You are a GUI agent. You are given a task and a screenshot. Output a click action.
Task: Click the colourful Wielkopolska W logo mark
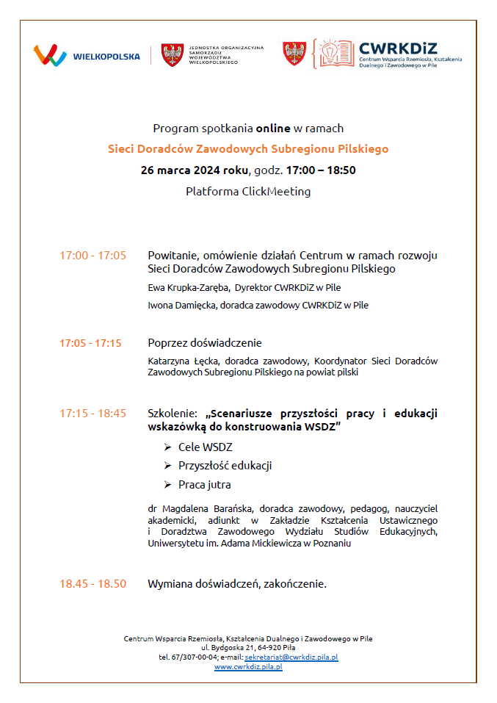coord(50,56)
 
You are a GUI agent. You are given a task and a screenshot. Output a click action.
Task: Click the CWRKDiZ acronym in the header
coord(397,48)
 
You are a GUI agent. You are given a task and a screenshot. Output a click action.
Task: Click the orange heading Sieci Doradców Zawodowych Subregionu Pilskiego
coord(248,149)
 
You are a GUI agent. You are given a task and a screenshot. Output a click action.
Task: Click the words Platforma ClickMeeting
coord(248,192)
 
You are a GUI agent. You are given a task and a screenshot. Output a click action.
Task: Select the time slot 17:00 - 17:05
coord(92,256)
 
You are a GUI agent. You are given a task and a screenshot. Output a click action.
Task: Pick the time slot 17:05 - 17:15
coord(90,343)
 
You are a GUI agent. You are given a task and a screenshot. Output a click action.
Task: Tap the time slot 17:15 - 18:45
coord(92,414)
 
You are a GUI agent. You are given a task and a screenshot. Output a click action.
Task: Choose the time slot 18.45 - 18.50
coord(92,584)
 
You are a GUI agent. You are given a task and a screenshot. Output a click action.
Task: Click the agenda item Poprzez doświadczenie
coord(205,343)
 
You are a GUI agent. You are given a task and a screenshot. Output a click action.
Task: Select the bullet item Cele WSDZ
coord(205,447)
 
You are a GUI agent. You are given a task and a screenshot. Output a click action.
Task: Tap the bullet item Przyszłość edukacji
coord(225,466)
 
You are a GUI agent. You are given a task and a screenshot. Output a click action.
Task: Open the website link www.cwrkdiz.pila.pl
coord(248,666)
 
